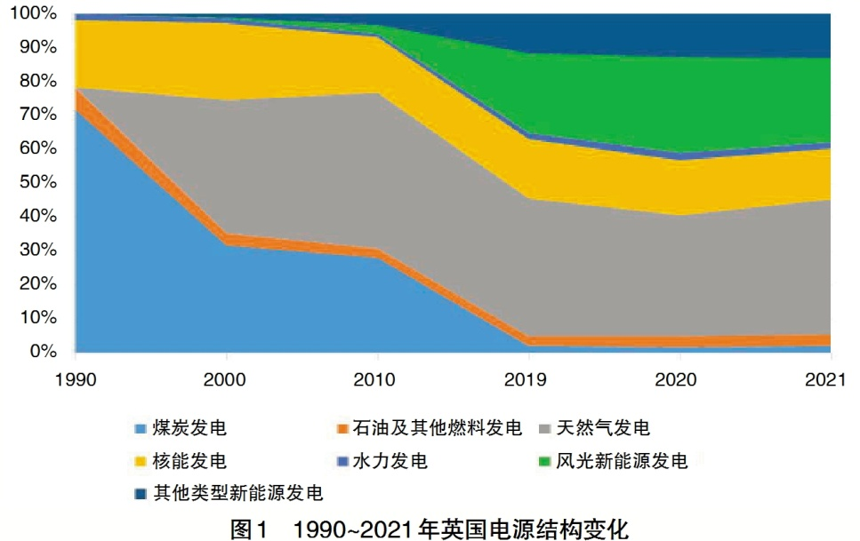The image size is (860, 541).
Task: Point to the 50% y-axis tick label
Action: coord(36,182)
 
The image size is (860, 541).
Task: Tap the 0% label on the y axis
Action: coord(41,351)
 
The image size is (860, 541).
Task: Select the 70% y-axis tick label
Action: coord(36,115)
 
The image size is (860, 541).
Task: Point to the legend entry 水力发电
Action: coord(390,461)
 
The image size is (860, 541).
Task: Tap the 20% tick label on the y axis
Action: coord(36,283)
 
